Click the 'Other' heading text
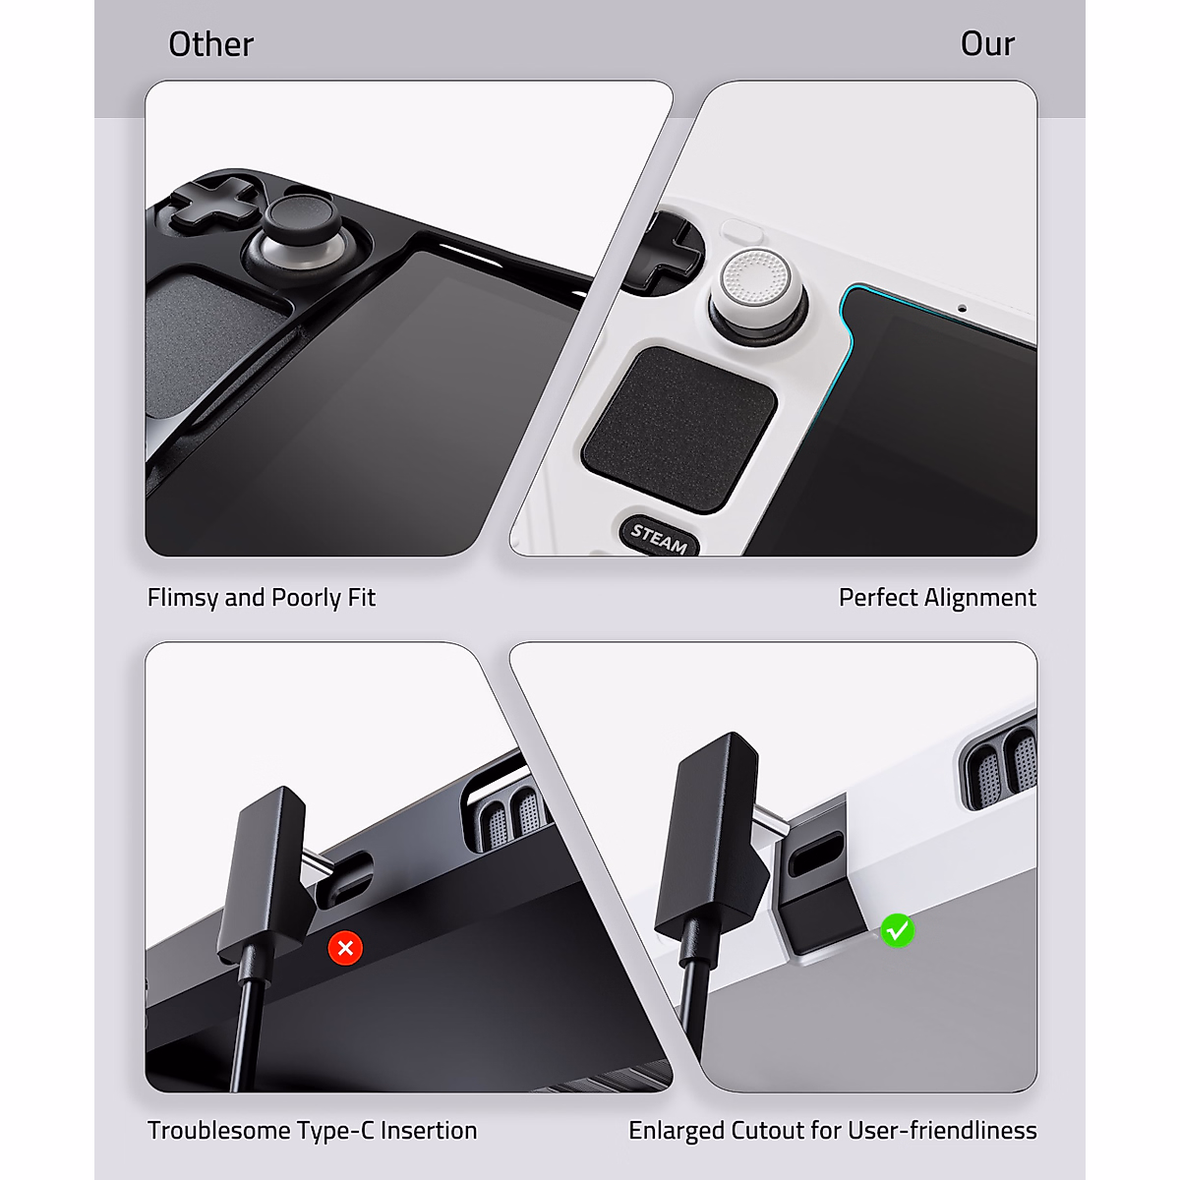point(210,44)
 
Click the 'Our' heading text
point(986,44)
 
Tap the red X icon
point(345,948)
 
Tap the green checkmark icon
point(897,930)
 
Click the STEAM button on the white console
point(659,537)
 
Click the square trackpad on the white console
point(679,429)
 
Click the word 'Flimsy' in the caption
point(183,598)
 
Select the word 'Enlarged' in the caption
point(676,1131)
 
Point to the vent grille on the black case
point(506,811)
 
